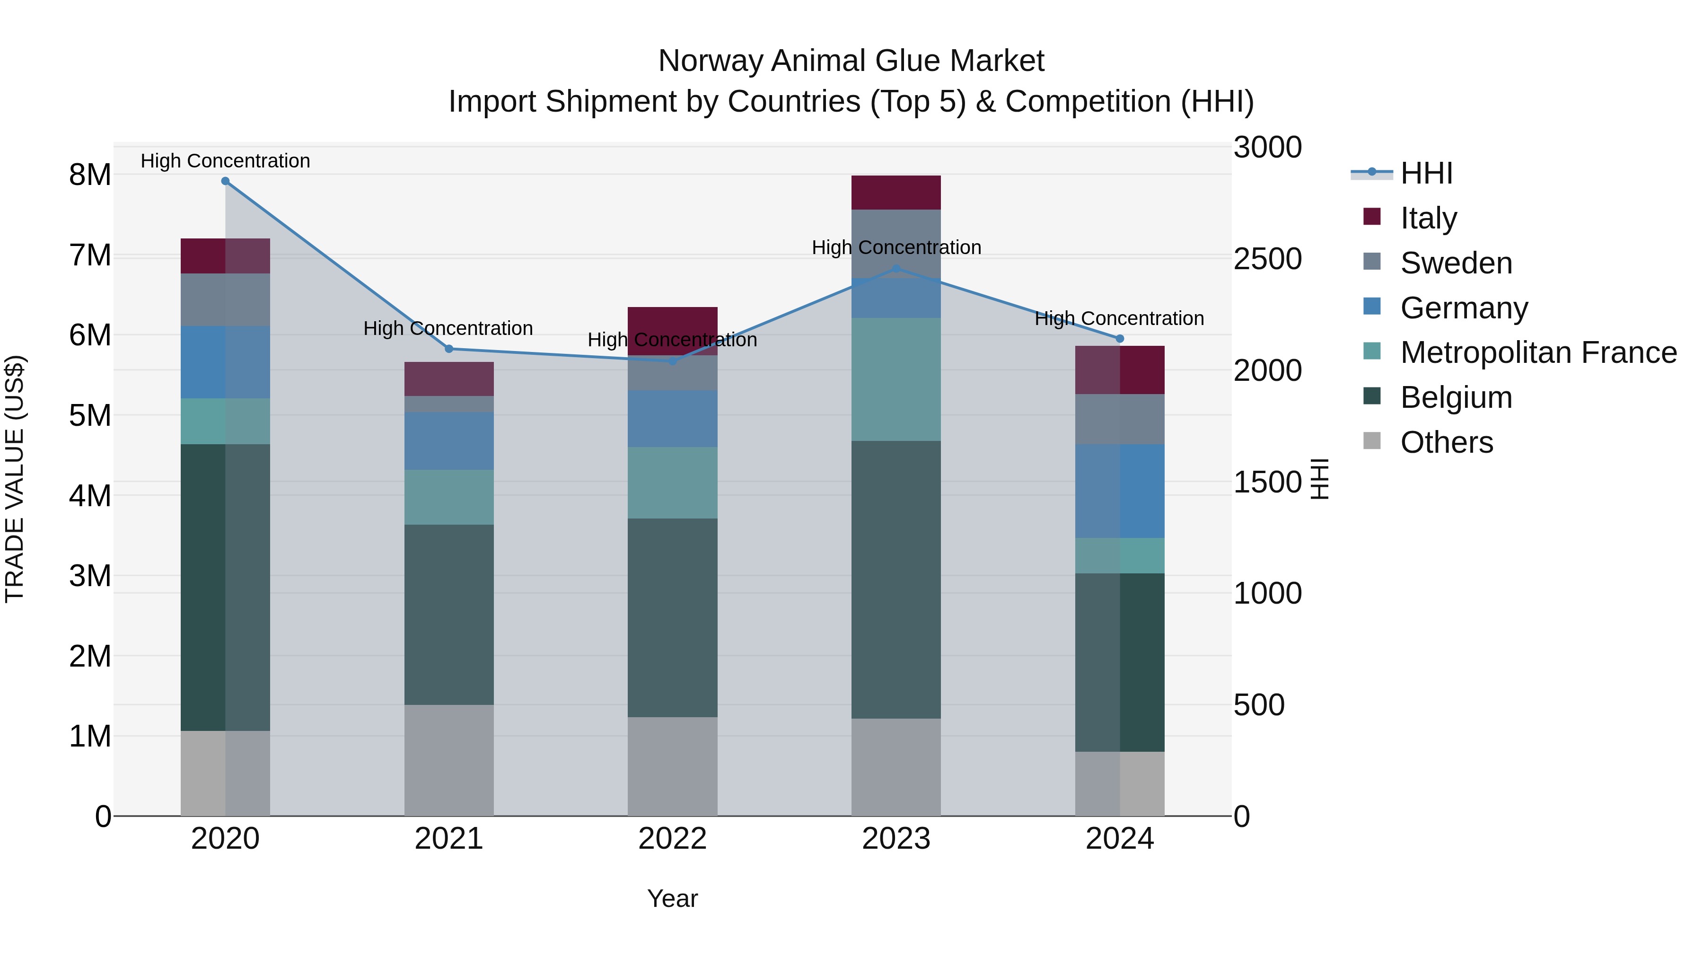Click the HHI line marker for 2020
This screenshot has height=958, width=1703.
226,181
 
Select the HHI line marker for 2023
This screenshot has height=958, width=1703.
896,268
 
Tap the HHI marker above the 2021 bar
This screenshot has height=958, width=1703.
449,348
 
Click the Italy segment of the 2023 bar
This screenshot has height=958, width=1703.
896,193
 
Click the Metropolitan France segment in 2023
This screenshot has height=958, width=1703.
896,379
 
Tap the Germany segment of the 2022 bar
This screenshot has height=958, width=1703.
672,419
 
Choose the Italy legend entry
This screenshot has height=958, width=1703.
1428,218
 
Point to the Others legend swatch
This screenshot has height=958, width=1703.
1372,441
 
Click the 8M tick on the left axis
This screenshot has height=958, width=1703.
90,175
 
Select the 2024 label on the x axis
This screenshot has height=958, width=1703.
1119,839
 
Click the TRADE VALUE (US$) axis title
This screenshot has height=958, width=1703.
15,479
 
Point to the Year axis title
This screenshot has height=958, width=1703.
672,898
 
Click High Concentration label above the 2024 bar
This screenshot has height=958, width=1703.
1119,319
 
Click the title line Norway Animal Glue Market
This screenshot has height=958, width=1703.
851,61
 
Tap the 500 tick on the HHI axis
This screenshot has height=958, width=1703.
1259,705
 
